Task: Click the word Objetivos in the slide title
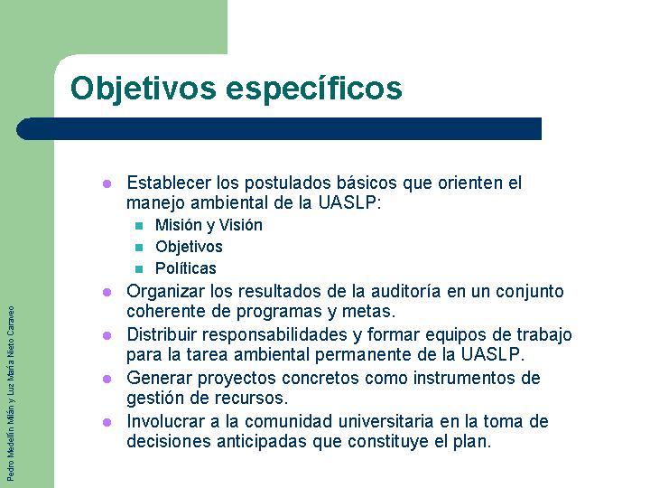tap(144, 89)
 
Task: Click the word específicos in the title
tap(314, 89)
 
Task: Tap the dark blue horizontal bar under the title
tap(279, 128)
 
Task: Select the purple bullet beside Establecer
tap(107, 183)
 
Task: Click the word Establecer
tap(169, 183)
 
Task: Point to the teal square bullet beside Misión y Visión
tap(139, 226)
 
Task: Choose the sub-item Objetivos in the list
tap(189, 247)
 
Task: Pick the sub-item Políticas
tap(186, 268)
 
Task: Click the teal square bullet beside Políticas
tap(139, 269)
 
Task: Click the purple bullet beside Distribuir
tap(107, 335)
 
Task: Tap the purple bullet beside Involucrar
tap(107, 422)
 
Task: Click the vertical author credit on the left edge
tap(11, 393)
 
